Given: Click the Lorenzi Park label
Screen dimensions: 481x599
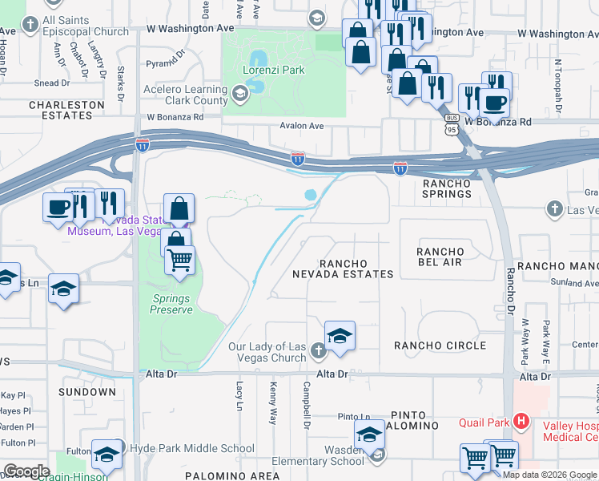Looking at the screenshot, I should tap(274, 70).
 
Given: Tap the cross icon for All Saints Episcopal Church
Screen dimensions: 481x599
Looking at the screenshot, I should tap(30, 24).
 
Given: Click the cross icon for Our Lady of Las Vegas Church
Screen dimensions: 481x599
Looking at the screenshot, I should tap(318, 350).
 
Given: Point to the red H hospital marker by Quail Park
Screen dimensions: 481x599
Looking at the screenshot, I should tap(521, 419).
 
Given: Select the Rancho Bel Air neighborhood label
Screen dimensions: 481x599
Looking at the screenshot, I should tap(440, 257).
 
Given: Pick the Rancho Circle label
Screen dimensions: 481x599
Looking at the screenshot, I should tap(440, 346).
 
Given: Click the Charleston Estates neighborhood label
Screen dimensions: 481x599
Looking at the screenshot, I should tap(66, 110).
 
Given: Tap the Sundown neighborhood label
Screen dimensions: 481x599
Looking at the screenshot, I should tap(87, 392).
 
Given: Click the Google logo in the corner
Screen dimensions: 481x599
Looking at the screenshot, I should tap(26, 471).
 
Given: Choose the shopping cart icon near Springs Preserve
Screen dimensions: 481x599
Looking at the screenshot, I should tap(180, 260).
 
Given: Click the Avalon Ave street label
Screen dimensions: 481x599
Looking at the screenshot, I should tap(301, 126).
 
